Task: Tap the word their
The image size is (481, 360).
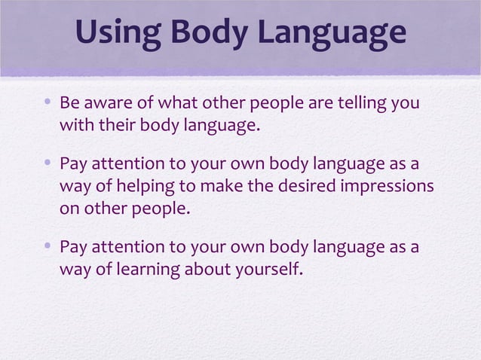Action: click(x=116, y=124)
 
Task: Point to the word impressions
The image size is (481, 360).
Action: click(x=389, y=186)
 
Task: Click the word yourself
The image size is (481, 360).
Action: click(x=270, y=269)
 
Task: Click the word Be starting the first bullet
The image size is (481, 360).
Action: click(x=69, y=102)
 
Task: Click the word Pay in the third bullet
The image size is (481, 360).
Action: click(x=72, y=247)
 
